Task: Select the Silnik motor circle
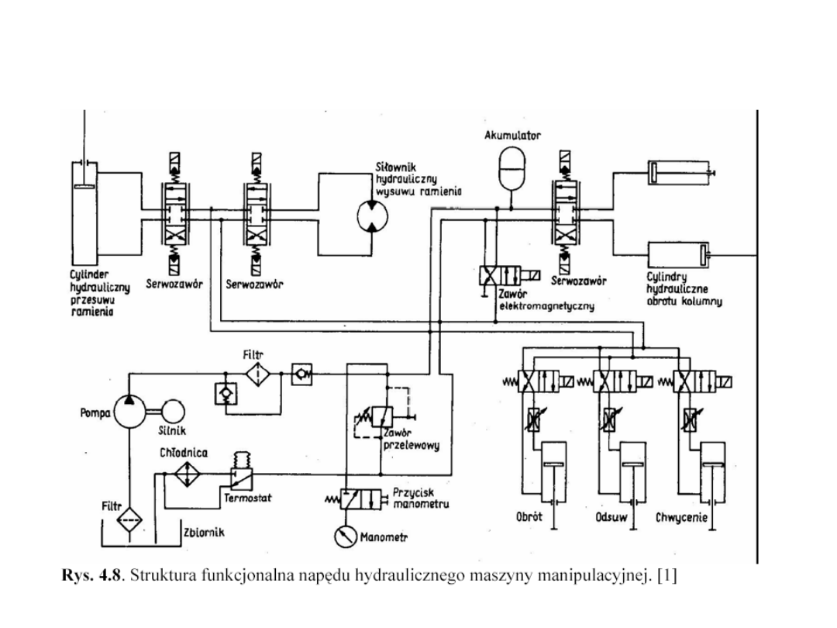(x=174, y=411)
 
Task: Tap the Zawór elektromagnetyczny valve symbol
(x=501, y=275)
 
